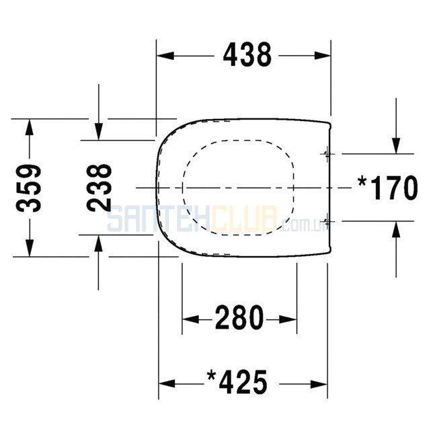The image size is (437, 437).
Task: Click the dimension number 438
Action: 247,55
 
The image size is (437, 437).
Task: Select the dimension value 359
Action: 29,188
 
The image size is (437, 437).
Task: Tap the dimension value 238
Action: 99,188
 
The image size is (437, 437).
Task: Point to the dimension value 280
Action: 239,317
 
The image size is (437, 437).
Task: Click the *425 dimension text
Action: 237,382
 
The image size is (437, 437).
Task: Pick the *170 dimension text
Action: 388,188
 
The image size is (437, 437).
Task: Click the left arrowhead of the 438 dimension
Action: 165,55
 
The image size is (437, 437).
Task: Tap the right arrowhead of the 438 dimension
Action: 323,55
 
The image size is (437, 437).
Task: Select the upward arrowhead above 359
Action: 30,128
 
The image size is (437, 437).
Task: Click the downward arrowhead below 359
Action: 30,248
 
